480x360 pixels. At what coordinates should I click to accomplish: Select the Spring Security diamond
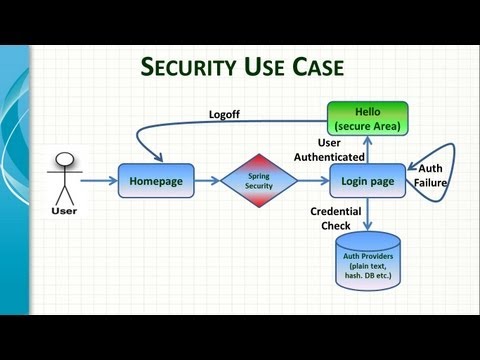(259, 181)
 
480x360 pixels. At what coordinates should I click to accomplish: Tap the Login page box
(367, 181)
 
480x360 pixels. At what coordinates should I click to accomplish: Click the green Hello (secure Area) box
(367, 118)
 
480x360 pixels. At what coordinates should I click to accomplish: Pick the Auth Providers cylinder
(367, 264)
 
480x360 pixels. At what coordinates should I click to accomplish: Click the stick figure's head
(65, 158)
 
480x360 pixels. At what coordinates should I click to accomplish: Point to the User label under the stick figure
(64, 211)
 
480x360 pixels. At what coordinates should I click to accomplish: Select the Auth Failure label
(432, 175)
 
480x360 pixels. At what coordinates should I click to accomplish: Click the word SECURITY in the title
(190, 67)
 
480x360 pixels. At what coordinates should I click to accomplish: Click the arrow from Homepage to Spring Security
(208, 181)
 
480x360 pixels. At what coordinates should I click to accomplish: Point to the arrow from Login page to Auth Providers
(367, 214)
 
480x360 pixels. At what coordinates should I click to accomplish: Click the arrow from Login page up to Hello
(367, 149)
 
